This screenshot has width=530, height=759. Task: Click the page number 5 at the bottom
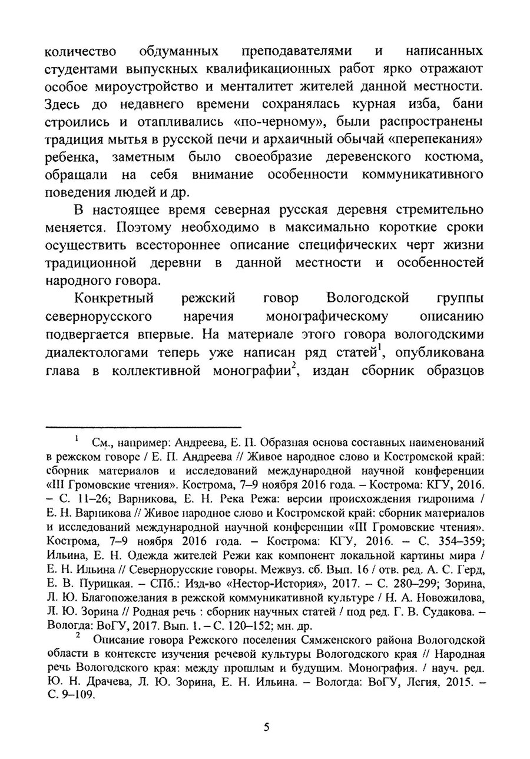coord(266,727)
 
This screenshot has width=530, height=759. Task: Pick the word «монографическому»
coord(327,316)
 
